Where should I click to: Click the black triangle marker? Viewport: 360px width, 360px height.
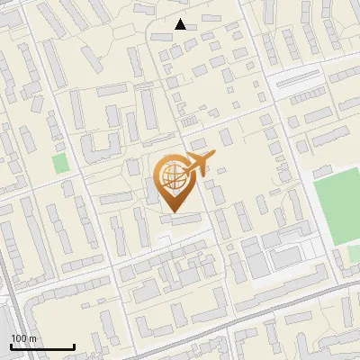(x=181, y=24)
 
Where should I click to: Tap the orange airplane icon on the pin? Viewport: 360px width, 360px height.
(x=197, y=165)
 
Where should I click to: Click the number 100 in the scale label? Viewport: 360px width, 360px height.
(x=19, y=337)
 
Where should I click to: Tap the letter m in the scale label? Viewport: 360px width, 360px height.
(x=32, y=337)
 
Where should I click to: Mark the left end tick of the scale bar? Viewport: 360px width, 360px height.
(x=11, y=346)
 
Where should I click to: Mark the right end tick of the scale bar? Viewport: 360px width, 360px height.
(x=74, y=346)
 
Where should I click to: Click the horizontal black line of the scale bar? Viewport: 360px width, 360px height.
(x=42, y=347)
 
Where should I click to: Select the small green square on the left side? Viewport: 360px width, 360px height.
(x=60, y=164)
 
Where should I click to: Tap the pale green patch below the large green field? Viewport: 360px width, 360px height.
(x=355, y=255)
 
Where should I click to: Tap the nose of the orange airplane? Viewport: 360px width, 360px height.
(x=214, y=155)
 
